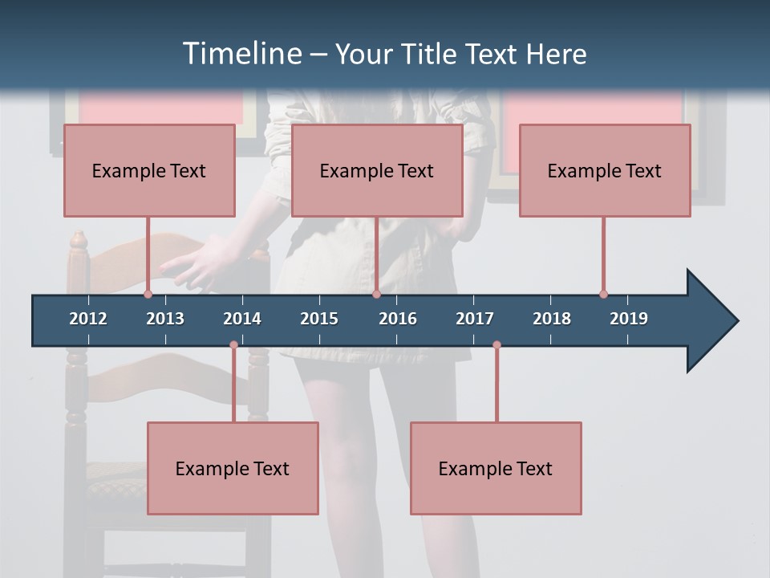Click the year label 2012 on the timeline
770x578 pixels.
pos(88,319)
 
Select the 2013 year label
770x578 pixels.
pos(165,319)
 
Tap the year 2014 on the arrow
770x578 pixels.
pos(242,319)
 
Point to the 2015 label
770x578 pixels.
pos(319,319)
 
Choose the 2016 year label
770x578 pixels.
pos(398,319)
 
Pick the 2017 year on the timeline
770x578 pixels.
pos(475,319)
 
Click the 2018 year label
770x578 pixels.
pos(552,319)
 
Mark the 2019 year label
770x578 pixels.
pos(629,319)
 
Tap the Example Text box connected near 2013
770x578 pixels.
pos(149,171)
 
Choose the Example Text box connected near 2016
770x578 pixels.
pos(377,171)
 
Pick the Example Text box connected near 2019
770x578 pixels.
pos(605,171)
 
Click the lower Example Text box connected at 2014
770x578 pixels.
pos(233,469)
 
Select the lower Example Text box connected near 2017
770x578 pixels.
pos(496,469)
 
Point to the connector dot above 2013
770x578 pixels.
pos(148,295)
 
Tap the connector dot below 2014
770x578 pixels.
pos(233,345)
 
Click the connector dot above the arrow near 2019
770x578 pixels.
pos(603,295)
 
